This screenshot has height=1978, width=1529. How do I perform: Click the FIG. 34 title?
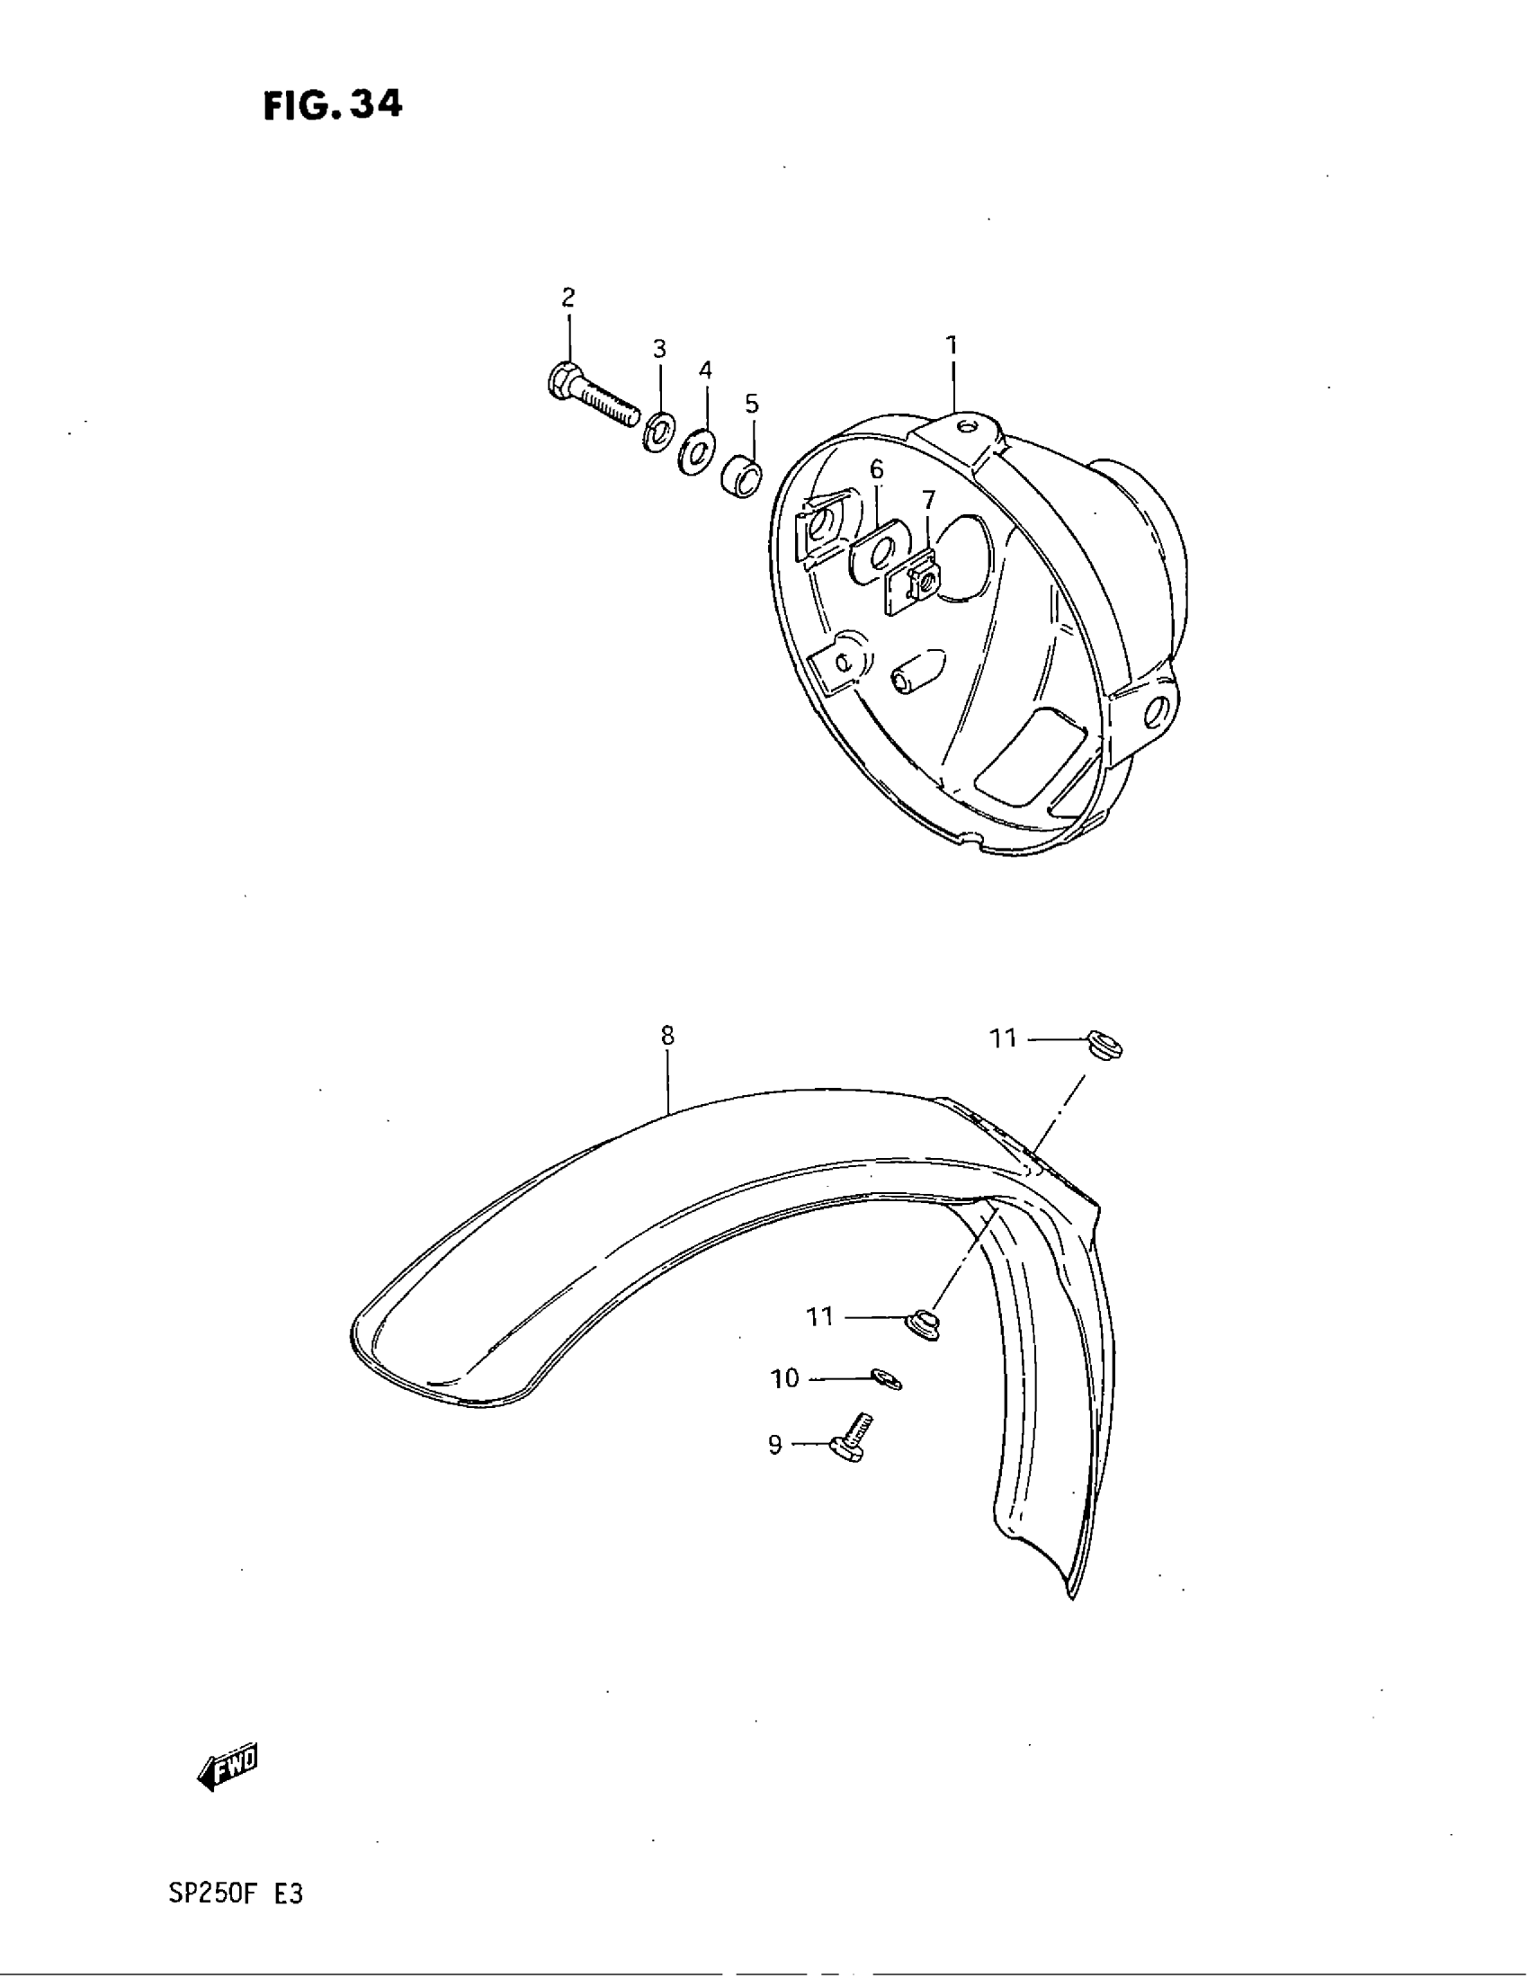(x=333, y=106)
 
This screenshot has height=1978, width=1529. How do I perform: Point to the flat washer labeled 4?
(x=696, y=450)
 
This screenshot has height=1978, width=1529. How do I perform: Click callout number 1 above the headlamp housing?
(x=951, y=345)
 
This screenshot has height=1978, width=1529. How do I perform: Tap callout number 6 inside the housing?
(x=876, y=469)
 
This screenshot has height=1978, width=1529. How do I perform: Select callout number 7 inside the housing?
(x=928, y=500)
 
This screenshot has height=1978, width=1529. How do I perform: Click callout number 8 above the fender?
(x=667, y=1035)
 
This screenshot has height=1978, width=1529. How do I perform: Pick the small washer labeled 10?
(x=886, y=1380)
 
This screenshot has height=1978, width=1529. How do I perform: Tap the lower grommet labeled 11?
(x=923, y=1326)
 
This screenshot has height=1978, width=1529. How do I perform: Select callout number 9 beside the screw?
(x=774, y=1445)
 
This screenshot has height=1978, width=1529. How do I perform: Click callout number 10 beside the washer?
(x=784, y=1378)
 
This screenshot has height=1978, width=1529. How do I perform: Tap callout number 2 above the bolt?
(x=568, y=297)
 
